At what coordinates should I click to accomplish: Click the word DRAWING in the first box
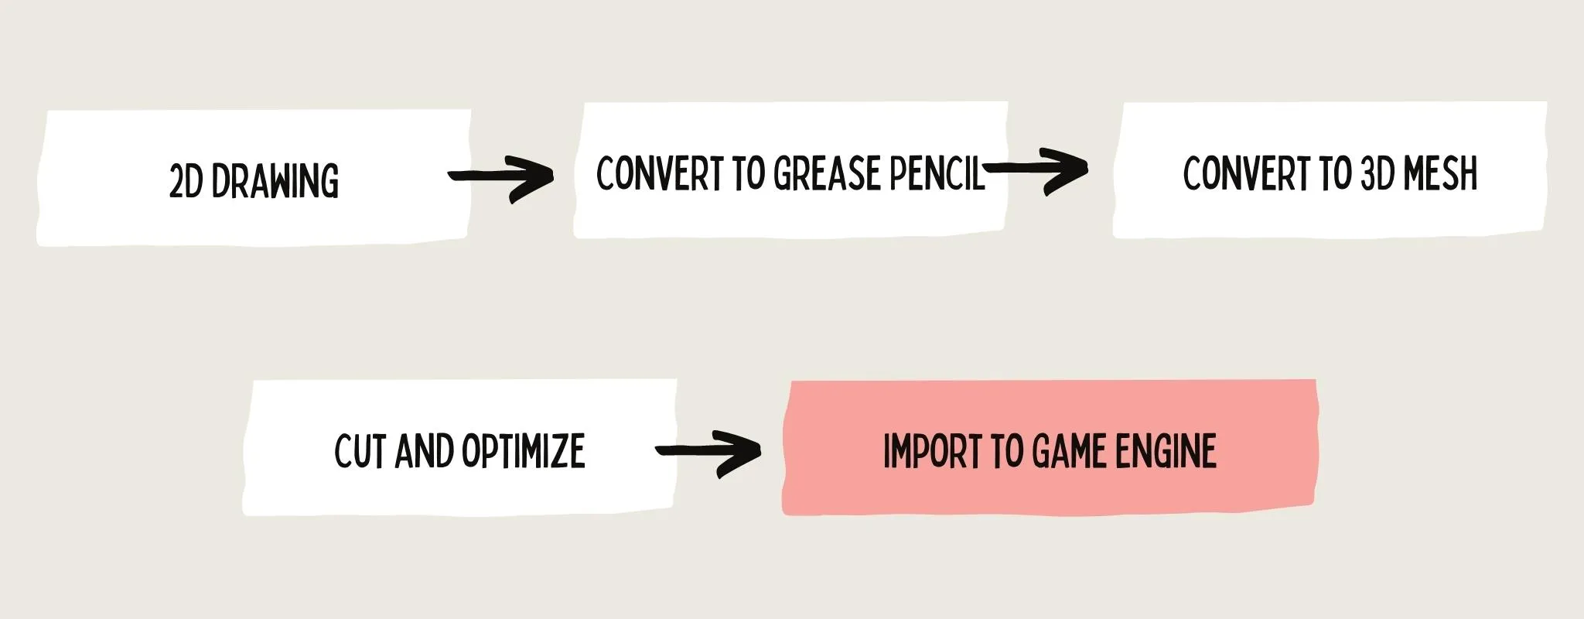pyautogui.click(x=275, y=181)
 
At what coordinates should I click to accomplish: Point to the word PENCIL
pyautogui.click(x=937, y=173)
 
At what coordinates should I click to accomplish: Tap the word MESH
pyautogui.click(x=1440, y=173)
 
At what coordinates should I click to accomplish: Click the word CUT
pyautogui.click(x=361, y=450)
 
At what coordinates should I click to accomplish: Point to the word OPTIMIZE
pyautogui.click(x=523, y=450)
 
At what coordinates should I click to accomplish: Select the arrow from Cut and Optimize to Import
pyautogui.click(x=708, y=452)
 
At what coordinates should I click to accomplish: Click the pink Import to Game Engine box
pyautogui.click(x=1050, y=446)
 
